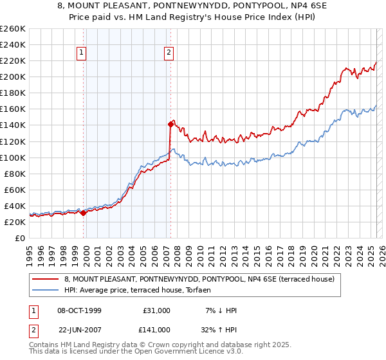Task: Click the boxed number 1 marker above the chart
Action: pos(83,53)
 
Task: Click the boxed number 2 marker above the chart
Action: pos(169,53)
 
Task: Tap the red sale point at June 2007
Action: pos(170,124)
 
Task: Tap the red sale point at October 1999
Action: pos(84,213)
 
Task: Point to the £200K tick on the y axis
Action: pos(13,76)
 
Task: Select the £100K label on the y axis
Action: pos(13,157)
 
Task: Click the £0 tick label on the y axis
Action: pos(21,238)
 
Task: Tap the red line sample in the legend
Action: pos(45,280)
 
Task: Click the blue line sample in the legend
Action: pos(45,291)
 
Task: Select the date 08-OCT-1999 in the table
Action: pos(75,310)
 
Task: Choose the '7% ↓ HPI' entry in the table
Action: pos(220,310)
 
